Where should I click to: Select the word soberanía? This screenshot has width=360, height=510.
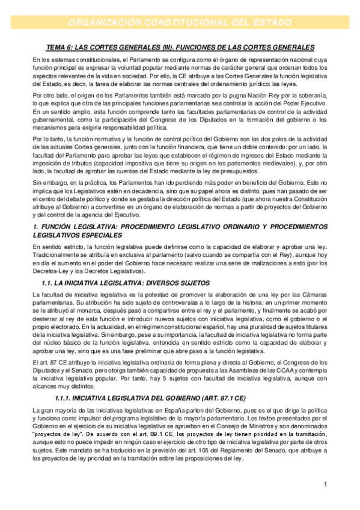pos(310,96)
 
